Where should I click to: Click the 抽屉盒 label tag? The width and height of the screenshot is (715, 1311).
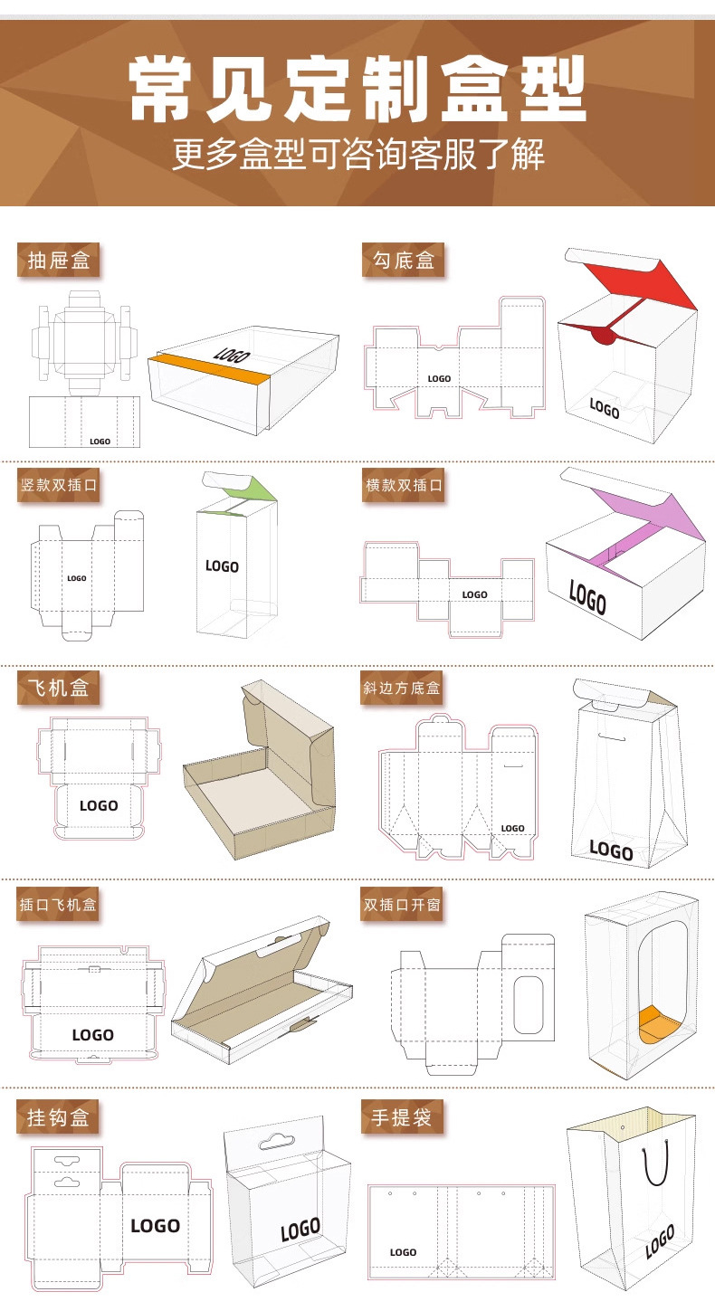click(59, 260)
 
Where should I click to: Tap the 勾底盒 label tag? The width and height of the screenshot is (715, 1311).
click(404, 260)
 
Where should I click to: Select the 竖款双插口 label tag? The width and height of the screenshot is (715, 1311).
click(59, 485)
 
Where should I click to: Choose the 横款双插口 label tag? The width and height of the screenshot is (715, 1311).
click(404, 485)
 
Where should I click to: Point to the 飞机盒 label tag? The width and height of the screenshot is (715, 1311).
click(59, 688)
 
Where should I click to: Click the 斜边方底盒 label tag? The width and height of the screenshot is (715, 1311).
click(402, 688)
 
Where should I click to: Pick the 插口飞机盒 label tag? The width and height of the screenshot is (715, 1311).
click(58, 904)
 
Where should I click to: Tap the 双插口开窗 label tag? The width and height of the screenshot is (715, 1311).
click(402, 904)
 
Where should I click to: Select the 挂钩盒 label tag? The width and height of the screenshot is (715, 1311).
click(58, 1117)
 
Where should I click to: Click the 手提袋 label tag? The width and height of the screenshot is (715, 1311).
click(402, 1117)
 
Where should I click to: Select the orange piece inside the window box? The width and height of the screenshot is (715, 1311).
click(658, 1024)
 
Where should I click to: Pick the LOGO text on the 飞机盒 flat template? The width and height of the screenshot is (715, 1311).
click(99, 806)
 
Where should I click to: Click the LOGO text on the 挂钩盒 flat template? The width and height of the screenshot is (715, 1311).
click(155, 1226)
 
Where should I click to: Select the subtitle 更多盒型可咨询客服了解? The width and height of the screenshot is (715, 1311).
click(358, 155)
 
